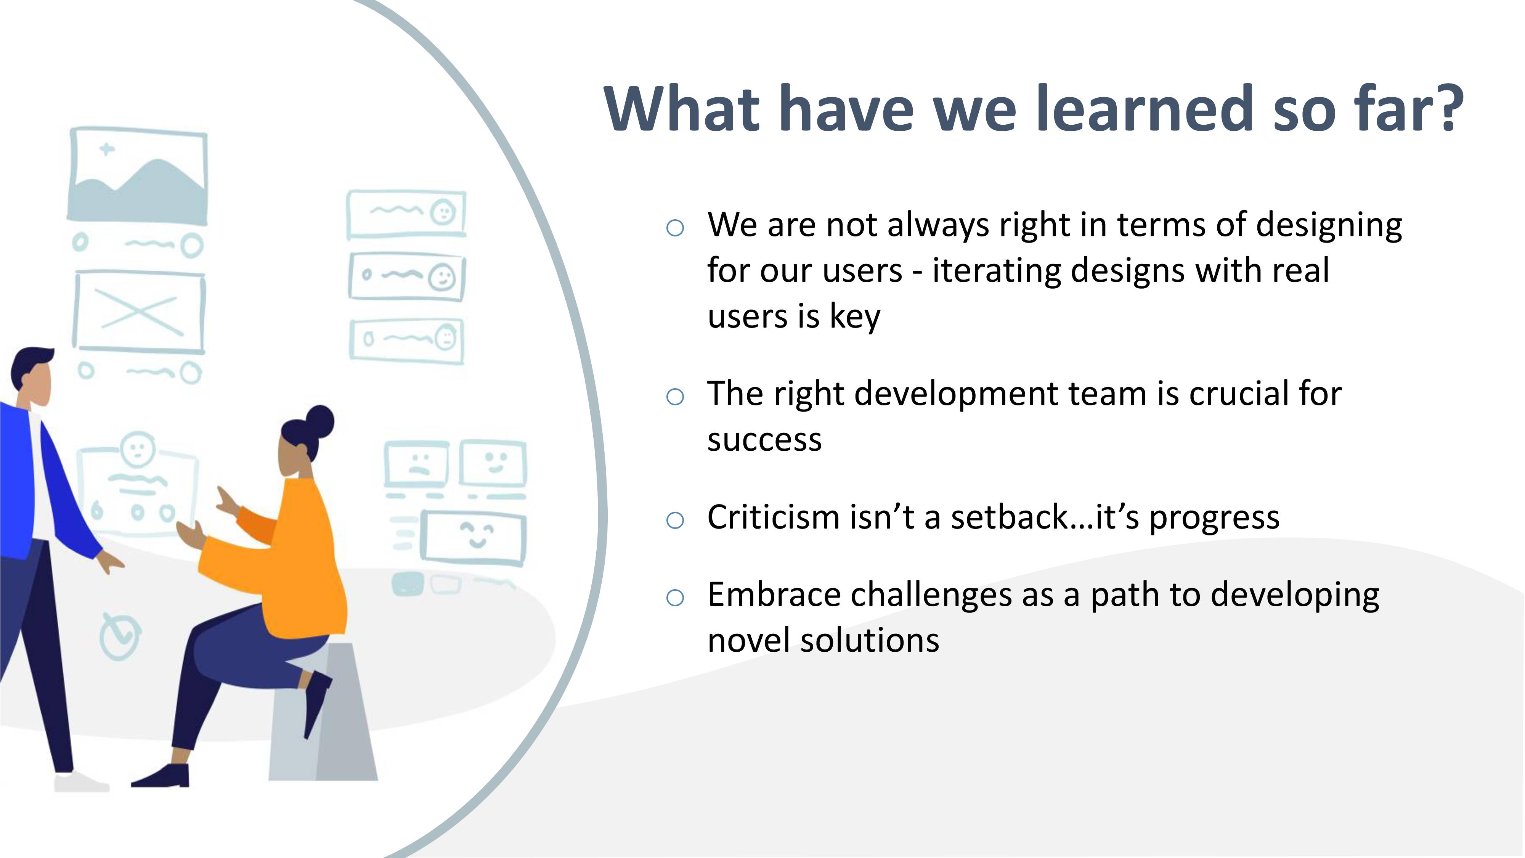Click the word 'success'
pyautogui.click(x=764, y=440)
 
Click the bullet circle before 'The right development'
pyautogui.click(x=675, y=397)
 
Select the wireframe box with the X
pyautogui.click(x=139, y=312)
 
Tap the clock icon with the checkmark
pyautogui.click(x=120, y=636)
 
